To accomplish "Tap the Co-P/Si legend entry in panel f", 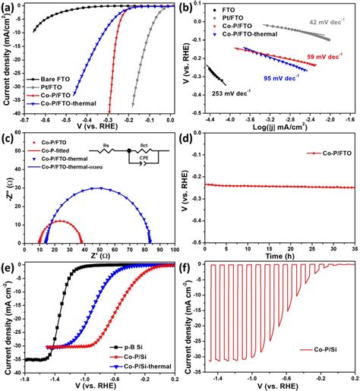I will pyautogui.click(x=319, y=350).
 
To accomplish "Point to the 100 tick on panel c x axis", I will pyautogui.click(x=175, y=249).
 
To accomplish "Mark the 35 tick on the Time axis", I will pyautogui.click(x=354, y=249).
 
